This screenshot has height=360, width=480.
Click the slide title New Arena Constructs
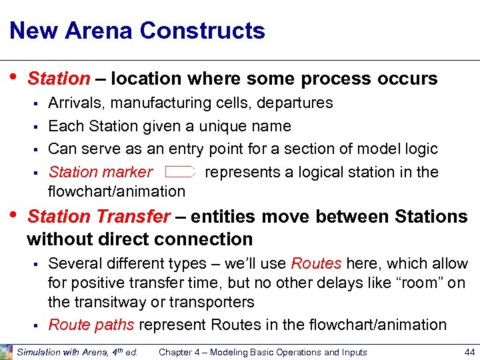tap(137, 31)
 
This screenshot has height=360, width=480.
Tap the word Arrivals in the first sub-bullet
tap(75, 103)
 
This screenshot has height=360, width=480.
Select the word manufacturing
tap(157, 103)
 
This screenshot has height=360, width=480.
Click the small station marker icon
tap(180, 172)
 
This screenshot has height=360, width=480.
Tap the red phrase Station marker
tap(100, 172)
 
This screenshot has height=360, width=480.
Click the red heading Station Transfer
tap(99, 217)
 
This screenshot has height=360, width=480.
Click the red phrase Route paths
tap(91, 325)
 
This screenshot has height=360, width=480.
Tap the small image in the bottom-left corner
tap(6, 352)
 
